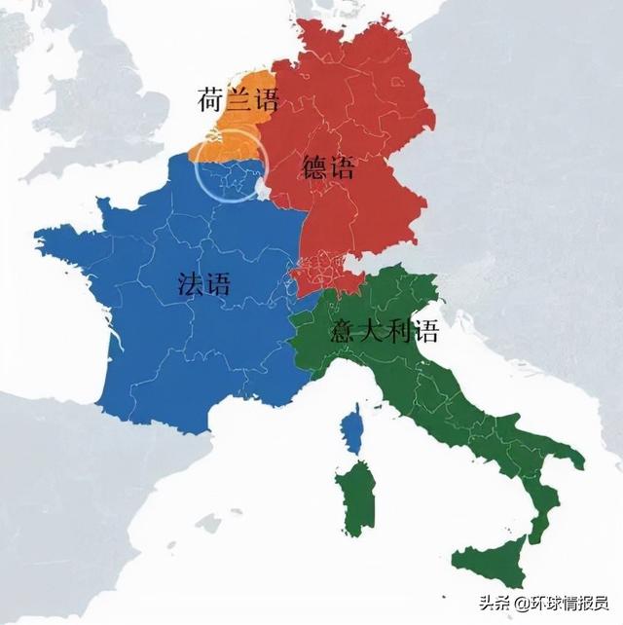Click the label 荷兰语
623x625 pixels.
click(238, 99)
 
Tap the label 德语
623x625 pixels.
click(328, 167)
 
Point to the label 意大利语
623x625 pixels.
click(385, 331)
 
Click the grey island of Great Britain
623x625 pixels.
click(107, 88)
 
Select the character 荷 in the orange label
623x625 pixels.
click(213, 99)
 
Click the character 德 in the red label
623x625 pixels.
click(315, 167)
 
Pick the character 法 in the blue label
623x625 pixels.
click(192, 283)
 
